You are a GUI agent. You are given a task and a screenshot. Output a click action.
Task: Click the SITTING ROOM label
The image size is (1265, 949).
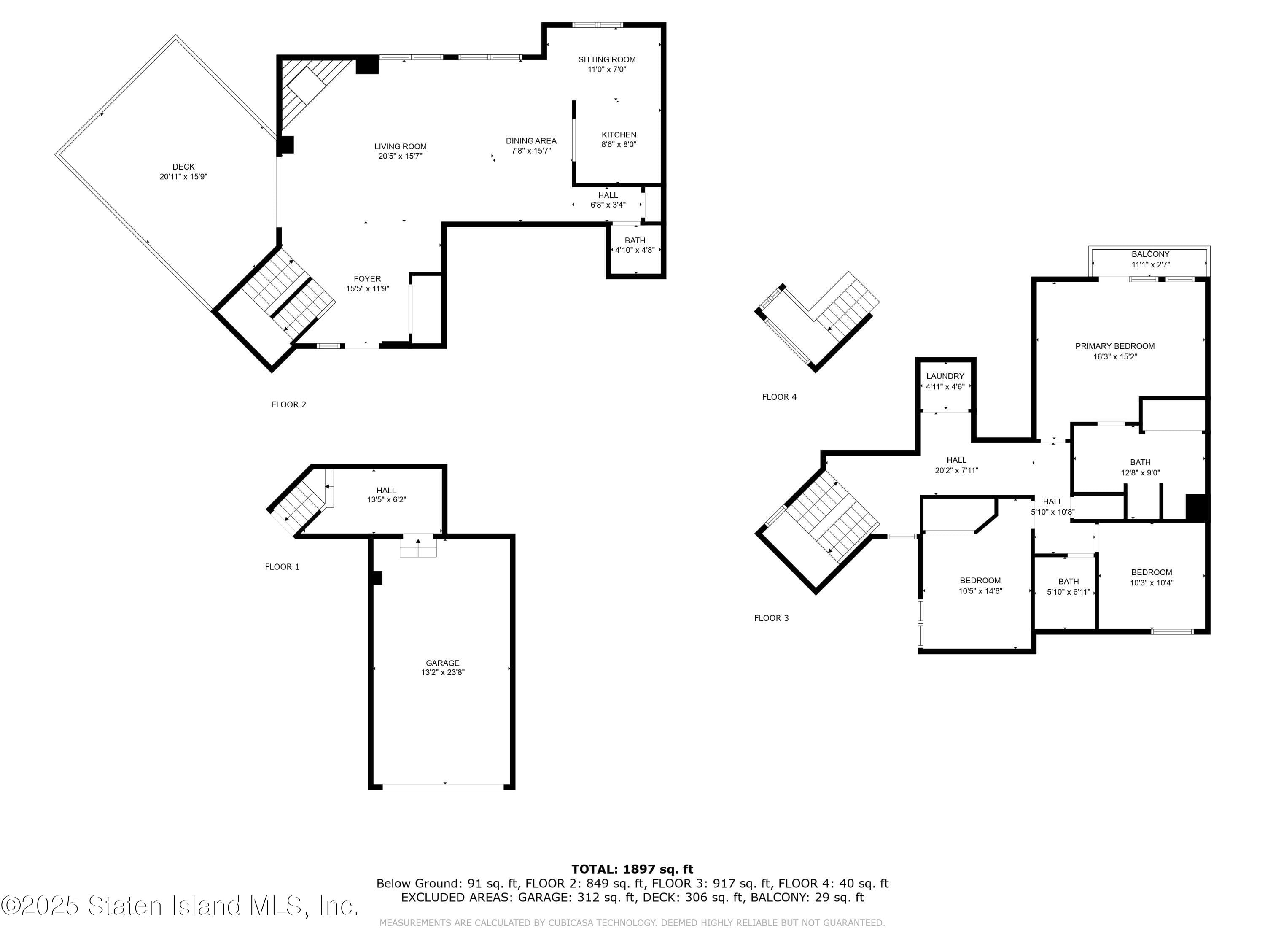tap(607, 59)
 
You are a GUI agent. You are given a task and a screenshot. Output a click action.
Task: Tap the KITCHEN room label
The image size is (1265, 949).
tap(619, 135)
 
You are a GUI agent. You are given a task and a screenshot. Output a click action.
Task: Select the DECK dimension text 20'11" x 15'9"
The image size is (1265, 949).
tap(183, 177)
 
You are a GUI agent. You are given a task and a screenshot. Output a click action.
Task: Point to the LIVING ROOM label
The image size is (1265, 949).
tap(400, 146)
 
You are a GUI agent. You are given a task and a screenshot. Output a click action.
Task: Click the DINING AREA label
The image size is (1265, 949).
tap(531, 141)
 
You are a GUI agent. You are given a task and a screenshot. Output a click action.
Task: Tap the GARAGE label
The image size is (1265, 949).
tap(443, 663)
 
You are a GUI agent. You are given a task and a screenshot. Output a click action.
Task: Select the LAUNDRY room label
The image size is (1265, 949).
tap(945, 376)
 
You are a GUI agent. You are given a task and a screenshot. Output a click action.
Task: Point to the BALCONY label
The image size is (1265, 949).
tap(1150, 254)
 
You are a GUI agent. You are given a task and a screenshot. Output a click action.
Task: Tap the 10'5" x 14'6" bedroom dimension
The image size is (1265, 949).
tap(980, 591)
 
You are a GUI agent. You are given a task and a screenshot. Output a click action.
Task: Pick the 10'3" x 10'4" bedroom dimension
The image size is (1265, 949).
tap(1151, 583)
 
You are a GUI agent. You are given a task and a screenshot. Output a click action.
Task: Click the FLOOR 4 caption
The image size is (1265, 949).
tap(779, 397)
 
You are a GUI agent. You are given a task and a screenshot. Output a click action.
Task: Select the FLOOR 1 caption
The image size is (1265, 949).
tap(282, 567)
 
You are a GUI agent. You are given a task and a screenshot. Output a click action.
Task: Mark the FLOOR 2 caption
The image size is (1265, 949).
tap(289, 404)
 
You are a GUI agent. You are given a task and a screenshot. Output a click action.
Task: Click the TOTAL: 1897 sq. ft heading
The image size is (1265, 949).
tap(632, 869)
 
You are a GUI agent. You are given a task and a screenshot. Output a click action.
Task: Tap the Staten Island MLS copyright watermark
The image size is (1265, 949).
tap(180, 906)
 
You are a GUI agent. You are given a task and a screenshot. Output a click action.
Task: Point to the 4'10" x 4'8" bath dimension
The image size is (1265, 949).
tap(635, 250)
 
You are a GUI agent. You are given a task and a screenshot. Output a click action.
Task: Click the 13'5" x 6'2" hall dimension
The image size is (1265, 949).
tap(387, 500)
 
